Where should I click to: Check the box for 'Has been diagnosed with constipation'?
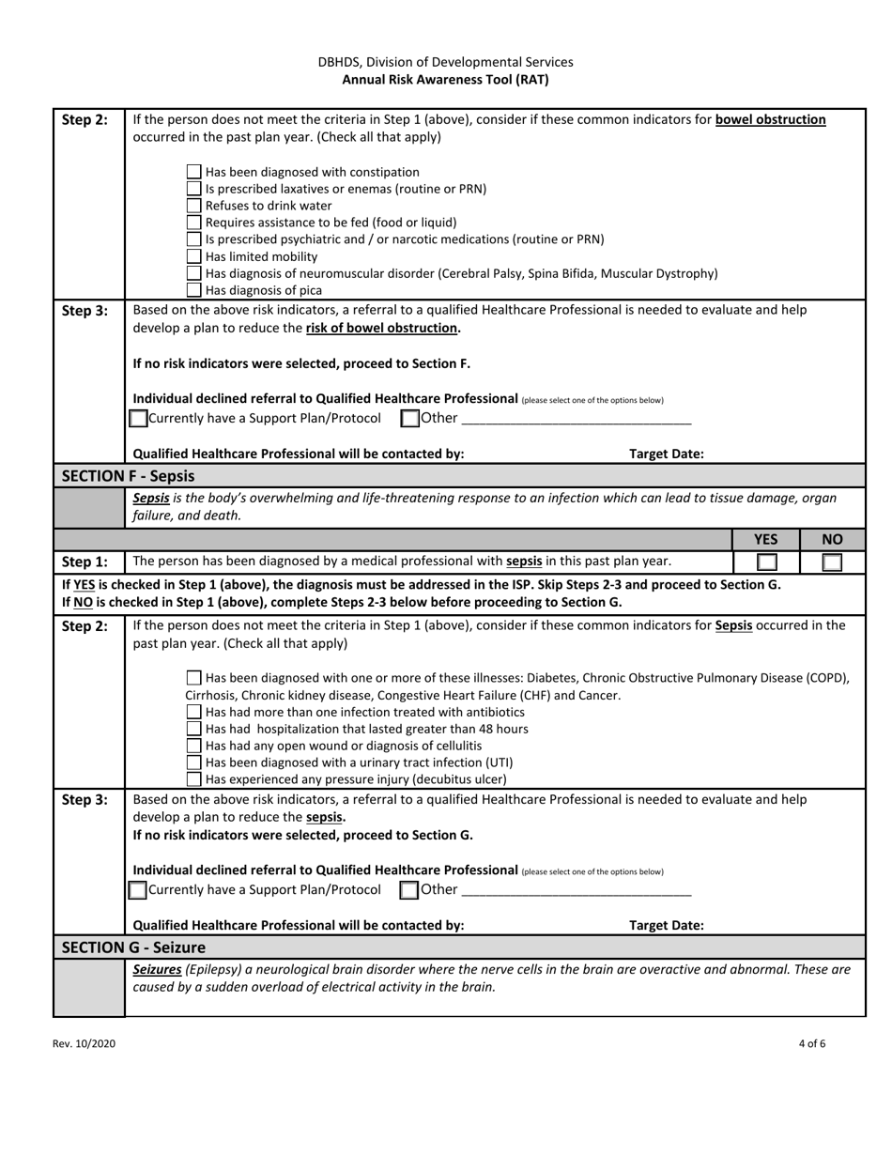coord(193,172)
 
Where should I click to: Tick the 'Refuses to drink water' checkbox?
coord(193,206)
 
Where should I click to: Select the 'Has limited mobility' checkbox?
coord(193,256)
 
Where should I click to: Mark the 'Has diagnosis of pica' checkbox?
coord(193,290)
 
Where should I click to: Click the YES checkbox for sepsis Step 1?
coord(766,562)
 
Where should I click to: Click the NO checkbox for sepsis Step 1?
coord(831,562)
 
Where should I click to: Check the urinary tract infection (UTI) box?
coord(193,762)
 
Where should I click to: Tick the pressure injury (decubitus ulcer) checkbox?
coord(193,779)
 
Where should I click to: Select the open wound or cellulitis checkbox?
coord(193,746)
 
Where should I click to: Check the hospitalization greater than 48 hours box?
coord(193,729)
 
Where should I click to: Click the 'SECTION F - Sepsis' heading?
coord(128,475)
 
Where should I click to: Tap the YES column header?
coord(766,539)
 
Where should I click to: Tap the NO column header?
coord(831,539)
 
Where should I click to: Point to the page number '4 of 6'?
coord(812,1043)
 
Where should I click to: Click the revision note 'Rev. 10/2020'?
coord(85,1043)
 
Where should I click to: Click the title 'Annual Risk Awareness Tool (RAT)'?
coord(445,80)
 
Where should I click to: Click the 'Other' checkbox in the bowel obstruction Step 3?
coord(409,418)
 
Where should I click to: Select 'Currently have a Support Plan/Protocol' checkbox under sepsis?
coord(138,889)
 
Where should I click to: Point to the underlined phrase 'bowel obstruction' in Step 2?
coord(770,119)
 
